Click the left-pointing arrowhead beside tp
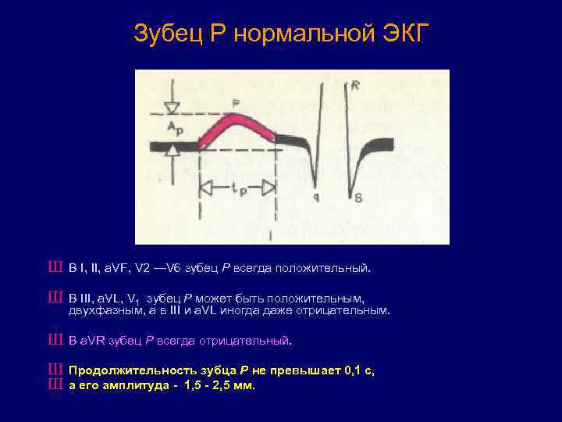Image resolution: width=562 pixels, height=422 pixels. [x=208, y=188]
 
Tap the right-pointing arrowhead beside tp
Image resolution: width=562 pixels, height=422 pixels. [x=267, y=188]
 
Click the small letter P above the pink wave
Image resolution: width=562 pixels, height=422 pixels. [x=237, y=102]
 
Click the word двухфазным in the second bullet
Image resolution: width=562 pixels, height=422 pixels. [x=101, y=310]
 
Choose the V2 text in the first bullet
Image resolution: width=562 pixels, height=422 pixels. [x=143, y=269]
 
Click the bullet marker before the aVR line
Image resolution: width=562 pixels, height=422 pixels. [x=54, y=341]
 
